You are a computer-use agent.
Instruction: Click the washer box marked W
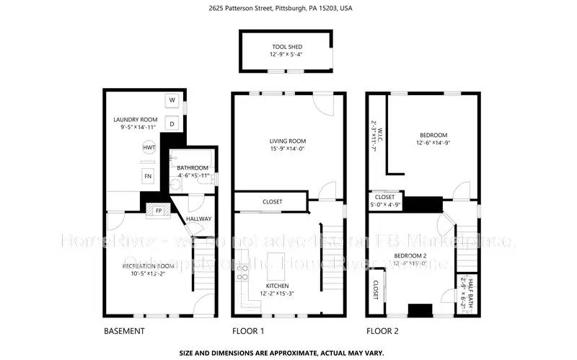click(x=172, y=100)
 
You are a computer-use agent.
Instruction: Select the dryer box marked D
click(x=172, y=123)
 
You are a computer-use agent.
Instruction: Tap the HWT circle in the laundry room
click(x=149, y=147)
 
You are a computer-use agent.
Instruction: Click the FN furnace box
click(x=148, y=176)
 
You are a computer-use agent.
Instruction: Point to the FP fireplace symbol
click(x=159, y=211)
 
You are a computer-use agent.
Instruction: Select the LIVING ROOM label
click(x=288, y=141)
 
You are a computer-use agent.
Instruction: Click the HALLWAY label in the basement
click(x=198, y=219)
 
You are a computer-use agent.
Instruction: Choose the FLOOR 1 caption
click(x=248, y=332)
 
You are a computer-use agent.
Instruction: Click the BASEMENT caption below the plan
click(x=125, y=332)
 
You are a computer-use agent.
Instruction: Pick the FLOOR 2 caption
click(x=383, y=332)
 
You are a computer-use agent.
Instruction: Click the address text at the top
click(x=288, y=9)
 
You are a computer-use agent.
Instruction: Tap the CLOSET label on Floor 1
click(x=272, y=201)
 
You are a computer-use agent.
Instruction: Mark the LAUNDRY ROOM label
click(x=135, y=120)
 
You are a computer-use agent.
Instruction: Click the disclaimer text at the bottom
click(x=288, y=354)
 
